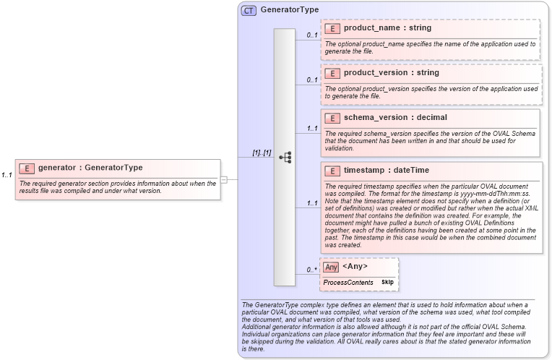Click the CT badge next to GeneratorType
(249, 10)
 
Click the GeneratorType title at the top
(290, 10)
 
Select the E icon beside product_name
(332, 29)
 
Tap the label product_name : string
(387, 28)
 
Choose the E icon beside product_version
(332, 74)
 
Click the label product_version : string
(391, 73)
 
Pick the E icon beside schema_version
(332, 118)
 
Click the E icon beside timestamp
(332, 171)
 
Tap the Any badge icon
(331, 267)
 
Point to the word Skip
(387, 282)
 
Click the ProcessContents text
(348, 282)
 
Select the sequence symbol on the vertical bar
(285, 157)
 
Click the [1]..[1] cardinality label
(262, 153)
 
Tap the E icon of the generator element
(26, 168)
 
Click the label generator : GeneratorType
(90, 168)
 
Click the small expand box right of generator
(224, 179)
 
